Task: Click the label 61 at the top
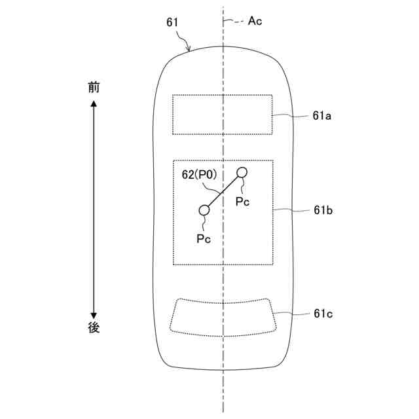[172, 22]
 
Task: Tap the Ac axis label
[255, 21]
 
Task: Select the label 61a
[321, 116]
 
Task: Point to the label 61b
[323, 210]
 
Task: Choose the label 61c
[323, 314]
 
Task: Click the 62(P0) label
[199, 175]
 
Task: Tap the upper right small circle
[242, 173]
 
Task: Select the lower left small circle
[204, 210]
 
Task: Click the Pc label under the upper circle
[242, 201]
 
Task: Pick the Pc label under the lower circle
[204, 238]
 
